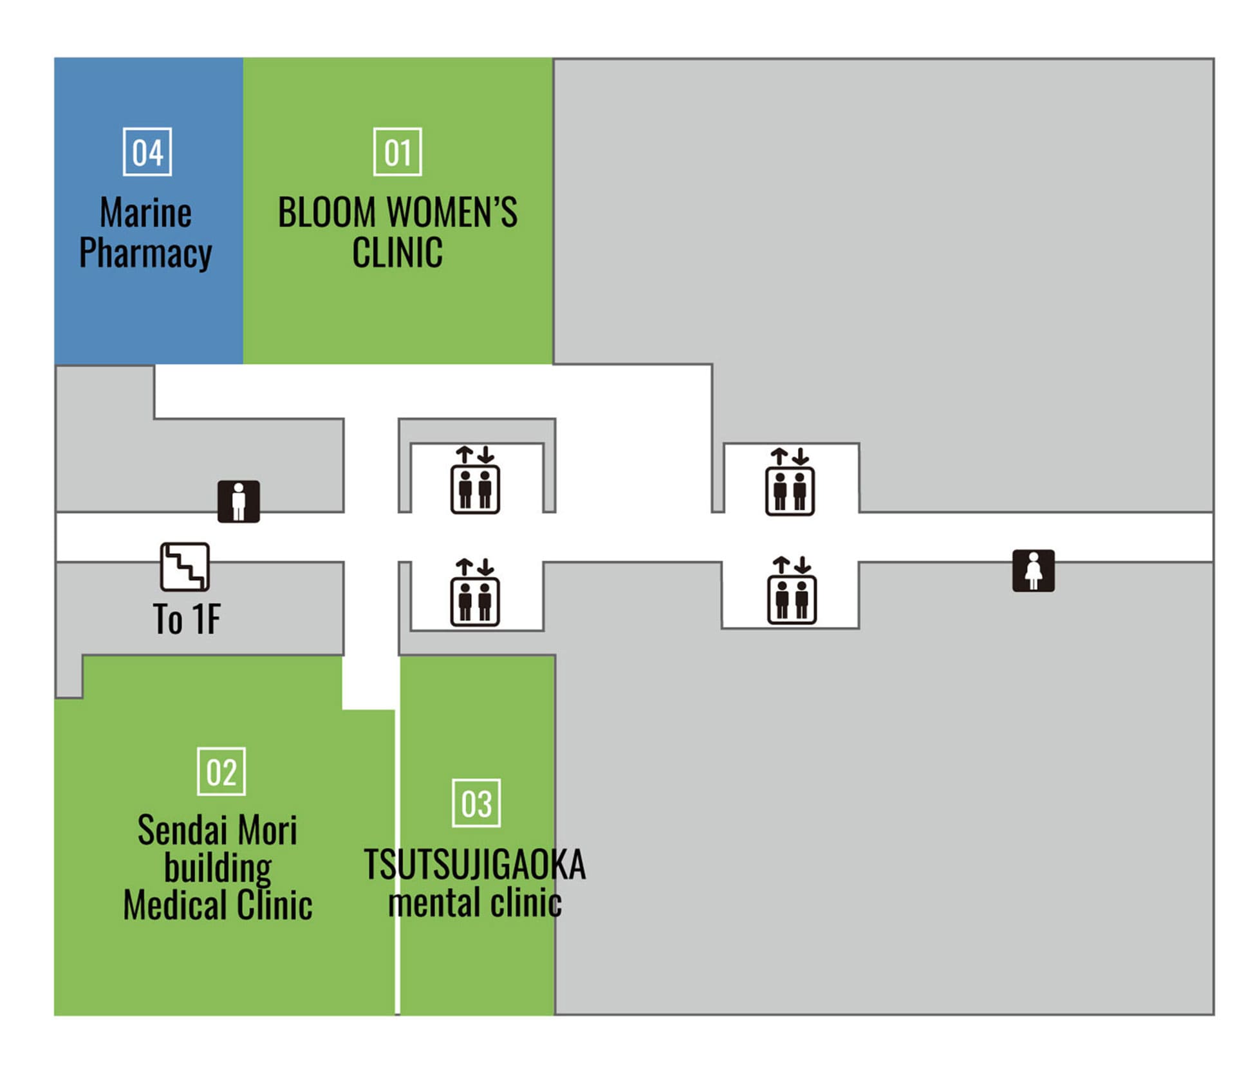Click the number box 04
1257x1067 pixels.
[x=147, y=152]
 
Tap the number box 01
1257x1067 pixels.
[x=397, y=152]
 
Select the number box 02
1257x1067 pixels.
[x=221, y=771]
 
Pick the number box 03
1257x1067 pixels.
[x=476, y=803]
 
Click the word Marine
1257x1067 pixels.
[x=145, y=212]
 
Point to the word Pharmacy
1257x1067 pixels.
[x=145, y=252]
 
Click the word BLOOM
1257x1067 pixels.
[x=326, y=212]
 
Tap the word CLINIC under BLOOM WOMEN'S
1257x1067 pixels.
[x=397, y=252]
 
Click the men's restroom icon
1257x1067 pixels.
[x=238, y=501]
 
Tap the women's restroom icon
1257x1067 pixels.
[x=1033, y=571]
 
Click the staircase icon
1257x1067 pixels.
[x=185, y=567]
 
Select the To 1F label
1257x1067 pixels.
[x=187, y=619]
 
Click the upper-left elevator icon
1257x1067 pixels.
[x=475, y=480]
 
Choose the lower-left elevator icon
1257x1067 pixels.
[x=475, y=592]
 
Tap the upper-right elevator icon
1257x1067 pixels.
[x=790, y=482]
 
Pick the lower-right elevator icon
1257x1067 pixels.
[x=792, y=591]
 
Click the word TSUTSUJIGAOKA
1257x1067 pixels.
[x=475, y=864]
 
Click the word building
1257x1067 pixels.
[x=218, y=868]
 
